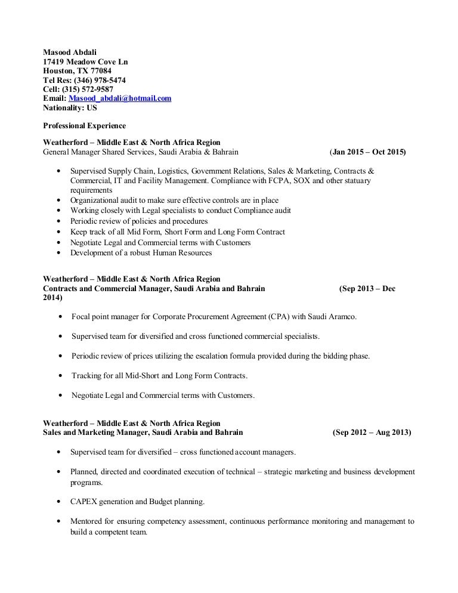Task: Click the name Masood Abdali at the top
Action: tap(70, 52)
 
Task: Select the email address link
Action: tap(120, 98)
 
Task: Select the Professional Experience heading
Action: tap(83, 126)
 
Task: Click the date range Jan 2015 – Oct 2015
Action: tap(368, 153)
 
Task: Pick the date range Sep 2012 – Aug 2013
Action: tap(371, 433)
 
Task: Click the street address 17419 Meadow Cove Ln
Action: tap(85, 61)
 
